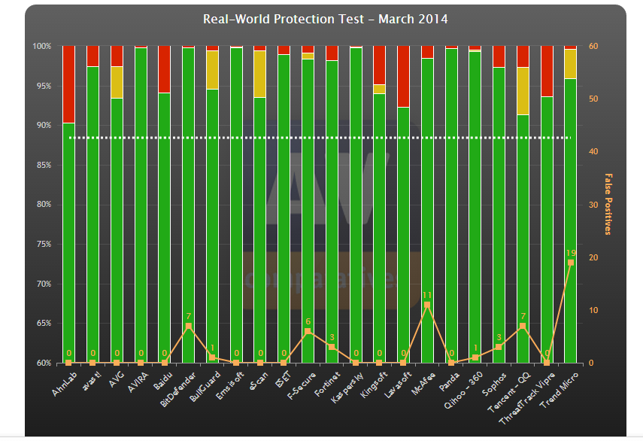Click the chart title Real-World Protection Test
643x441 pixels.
point(325,19)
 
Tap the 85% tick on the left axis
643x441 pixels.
point(42,165)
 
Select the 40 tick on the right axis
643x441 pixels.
point(594,152)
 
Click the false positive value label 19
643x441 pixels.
point(571,253)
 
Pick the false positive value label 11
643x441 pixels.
point(427,295)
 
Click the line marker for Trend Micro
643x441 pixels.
point(571,263)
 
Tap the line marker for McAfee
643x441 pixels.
point(427,305)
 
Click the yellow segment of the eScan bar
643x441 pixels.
point(260,74)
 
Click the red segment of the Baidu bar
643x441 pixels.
point(164,69)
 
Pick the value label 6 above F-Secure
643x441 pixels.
point(308,321)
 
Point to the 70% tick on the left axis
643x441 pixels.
point(42,284)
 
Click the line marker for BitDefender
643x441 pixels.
point(188,326)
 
